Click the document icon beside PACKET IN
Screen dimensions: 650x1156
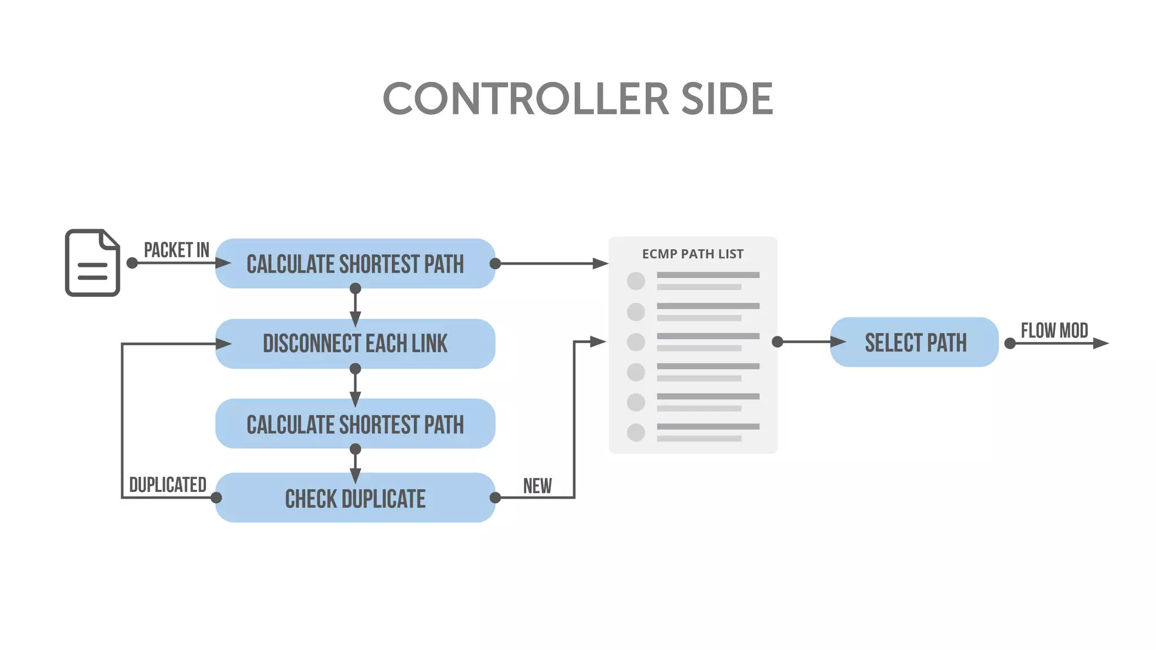coord(93,262)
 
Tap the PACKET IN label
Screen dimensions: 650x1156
coord(176,250)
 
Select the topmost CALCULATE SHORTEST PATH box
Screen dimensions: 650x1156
coord(355,263)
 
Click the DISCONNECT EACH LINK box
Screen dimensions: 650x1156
coord(355,344)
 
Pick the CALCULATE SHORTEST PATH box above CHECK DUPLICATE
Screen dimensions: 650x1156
coord(355,424)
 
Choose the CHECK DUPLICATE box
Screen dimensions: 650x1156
coord(355,498)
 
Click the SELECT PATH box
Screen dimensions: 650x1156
coord(915,342)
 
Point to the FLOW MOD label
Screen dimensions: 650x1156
coord(1054,331)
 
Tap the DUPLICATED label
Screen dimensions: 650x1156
coord(168,485)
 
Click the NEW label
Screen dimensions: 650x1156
coord(537,486)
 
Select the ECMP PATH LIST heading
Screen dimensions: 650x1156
coord(693,254)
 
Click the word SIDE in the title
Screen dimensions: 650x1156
coord(727,99)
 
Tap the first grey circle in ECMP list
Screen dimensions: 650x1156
coord(636,281)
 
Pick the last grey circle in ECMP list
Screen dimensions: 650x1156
coord(636,433)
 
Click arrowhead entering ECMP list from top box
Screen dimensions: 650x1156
coord(600,263)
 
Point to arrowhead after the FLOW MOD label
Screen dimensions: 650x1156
coord(1101,343)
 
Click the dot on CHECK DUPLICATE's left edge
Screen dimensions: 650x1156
coord(216,498)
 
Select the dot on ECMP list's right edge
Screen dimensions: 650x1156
coord(777,342)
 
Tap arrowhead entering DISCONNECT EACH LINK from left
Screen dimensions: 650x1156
coord(224,344)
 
